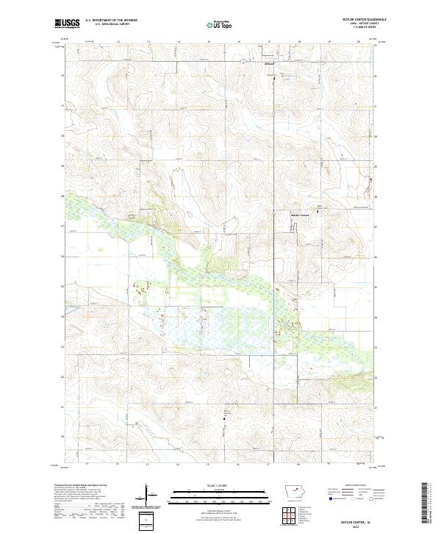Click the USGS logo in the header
point(66,24)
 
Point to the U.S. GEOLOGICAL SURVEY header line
point(107,25)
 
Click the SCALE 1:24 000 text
point(220,484)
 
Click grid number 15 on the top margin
point(209,41)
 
